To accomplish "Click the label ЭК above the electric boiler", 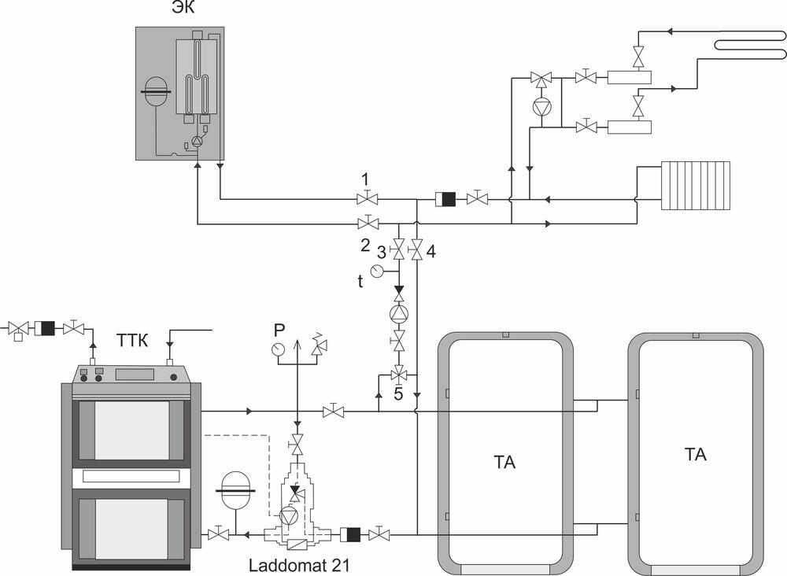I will pos(181,9).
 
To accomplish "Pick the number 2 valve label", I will pos(365,245).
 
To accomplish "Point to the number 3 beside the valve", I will pos(382,253).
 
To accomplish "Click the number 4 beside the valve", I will pos(431,253).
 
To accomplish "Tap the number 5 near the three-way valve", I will pos(398,393).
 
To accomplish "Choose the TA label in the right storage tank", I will pos(695,454).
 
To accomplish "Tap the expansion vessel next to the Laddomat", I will pos(235,486).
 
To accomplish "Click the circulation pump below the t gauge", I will pos(398,312).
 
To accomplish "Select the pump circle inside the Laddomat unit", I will pos(289,516).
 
